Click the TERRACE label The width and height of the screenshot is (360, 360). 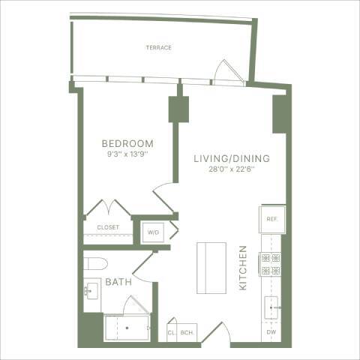click(158, 47)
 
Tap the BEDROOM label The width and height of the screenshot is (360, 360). click(127, 143)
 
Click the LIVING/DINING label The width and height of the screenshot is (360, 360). click(231, 159)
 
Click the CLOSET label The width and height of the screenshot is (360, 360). click(108, 227)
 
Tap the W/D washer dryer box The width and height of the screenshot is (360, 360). click(154, 232)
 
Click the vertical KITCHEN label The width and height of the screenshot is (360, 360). click(243, 268)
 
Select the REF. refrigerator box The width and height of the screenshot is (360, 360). click(271, 218)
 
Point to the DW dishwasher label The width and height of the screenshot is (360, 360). click(270, 331)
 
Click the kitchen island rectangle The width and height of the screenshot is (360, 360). click(211, 268)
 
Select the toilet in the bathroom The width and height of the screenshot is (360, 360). click(94, 265)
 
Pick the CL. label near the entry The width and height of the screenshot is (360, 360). click(171, 331)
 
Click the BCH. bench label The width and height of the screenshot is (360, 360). click(187, 331)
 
